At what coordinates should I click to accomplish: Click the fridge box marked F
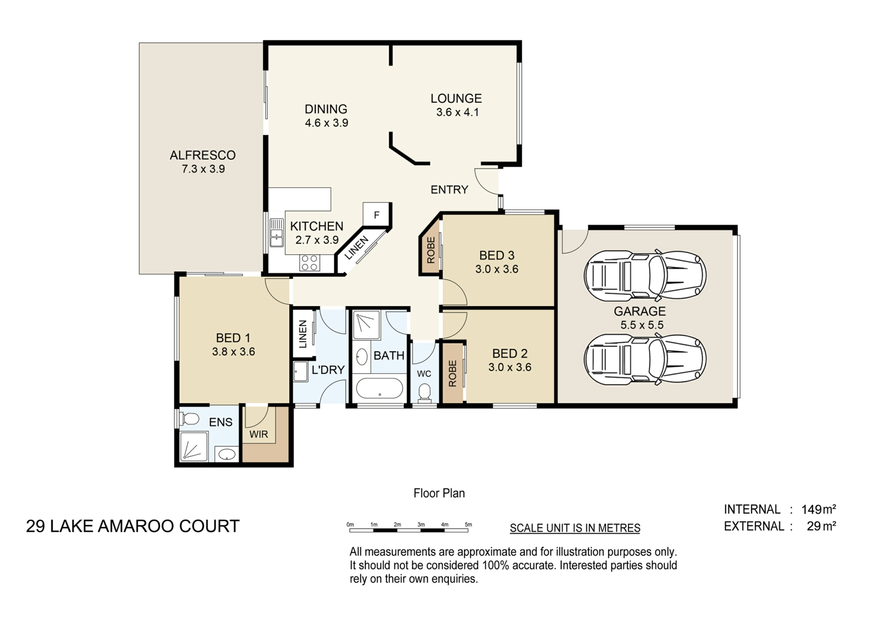coord(376,214)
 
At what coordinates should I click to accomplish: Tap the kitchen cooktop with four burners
coord(310,263)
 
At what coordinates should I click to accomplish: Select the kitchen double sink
coord(277,233)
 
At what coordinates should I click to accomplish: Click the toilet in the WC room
coord(424,393)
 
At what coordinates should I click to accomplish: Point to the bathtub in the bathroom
coord(379,389)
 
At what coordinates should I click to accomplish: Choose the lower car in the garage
coord(645,359)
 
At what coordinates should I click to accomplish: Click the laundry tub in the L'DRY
coord(301,371)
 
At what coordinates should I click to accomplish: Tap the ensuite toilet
coord(188,418)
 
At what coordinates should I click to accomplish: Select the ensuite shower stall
coord(194,446)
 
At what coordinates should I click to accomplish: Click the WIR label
coord(259,434)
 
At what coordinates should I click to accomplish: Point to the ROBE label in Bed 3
coord(431,250)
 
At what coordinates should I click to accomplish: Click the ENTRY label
coord(450,190)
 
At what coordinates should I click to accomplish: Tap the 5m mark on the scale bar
coord(468,524)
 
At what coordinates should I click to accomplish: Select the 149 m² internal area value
coord(819,509)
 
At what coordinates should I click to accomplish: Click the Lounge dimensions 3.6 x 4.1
coord(457,112)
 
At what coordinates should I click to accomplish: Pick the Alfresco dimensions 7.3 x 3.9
coord(203,169)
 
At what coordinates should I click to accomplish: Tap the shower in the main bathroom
coord(366,325)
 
